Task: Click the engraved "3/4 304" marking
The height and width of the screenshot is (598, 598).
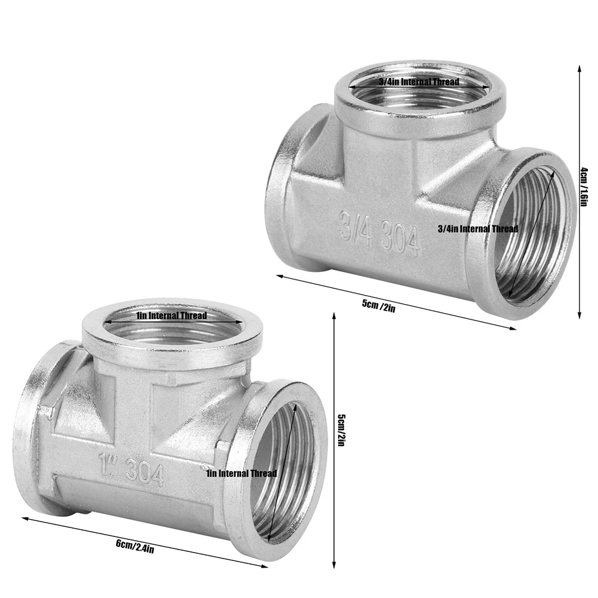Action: pyautogui.click(x=379, y=234)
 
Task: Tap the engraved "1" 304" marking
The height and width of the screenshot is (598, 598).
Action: pyautogui.click(x=132, y=469)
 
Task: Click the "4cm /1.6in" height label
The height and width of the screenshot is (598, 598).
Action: pyautogui.click(x=584, y=187)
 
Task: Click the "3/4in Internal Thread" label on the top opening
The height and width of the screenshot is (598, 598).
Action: pyautogui.click(x=419, y=82)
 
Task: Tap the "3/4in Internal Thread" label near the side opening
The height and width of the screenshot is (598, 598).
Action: pyautogui.click(x=478, y=229)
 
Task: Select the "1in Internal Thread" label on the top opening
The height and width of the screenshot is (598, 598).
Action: pyautogui.click(x=171, y=315)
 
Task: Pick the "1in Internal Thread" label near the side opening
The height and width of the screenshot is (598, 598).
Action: pyautogui.click(x=241, y=474)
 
